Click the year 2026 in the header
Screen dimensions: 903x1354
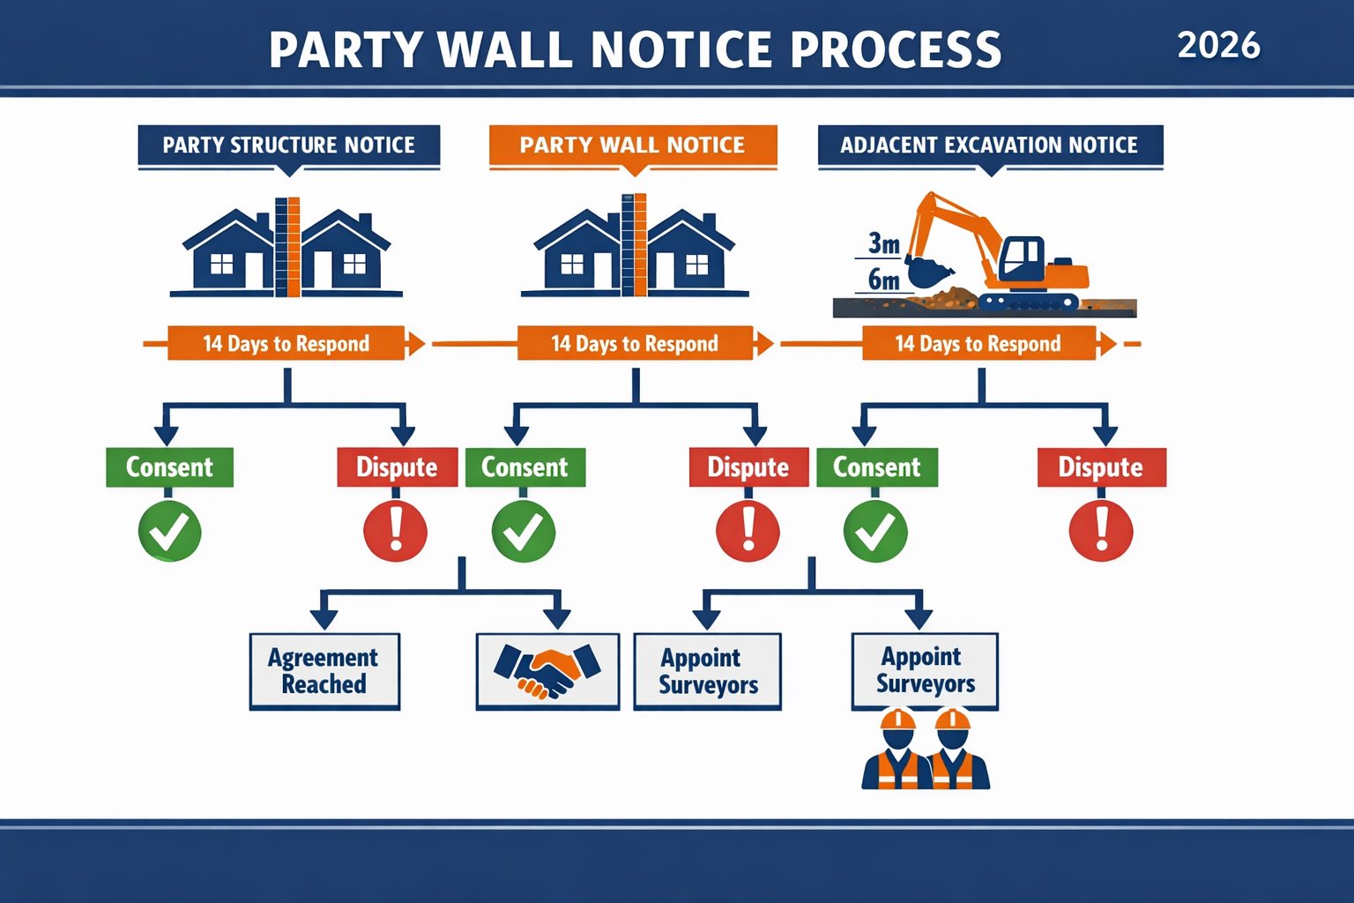pos(1218,45)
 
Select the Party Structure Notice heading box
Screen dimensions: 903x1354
pos(288,146)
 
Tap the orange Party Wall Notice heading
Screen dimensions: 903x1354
pos(632,146)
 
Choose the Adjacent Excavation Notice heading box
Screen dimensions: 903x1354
pos(989,146)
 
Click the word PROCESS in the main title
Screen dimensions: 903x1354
pos(896,49)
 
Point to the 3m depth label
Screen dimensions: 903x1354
pos(883,243)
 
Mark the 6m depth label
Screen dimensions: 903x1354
pos(883,280)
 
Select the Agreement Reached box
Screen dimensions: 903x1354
pos(324,671)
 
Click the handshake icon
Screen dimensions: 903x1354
pos(547,671)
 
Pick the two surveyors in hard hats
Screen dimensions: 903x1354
pos(926,750)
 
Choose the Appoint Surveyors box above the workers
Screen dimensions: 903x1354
pos(925,670)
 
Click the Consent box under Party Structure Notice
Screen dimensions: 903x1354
pos(169,467)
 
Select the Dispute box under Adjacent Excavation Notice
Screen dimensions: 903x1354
pos(1100,467)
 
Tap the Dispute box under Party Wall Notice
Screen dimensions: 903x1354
pos(748,467)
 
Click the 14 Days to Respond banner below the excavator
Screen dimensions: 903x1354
pos(978,344)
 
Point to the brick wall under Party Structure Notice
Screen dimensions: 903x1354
pos(287,247)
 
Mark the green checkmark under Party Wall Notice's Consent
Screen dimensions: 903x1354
pos(523,532)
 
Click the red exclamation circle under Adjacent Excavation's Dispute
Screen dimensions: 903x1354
pos(1100,532)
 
